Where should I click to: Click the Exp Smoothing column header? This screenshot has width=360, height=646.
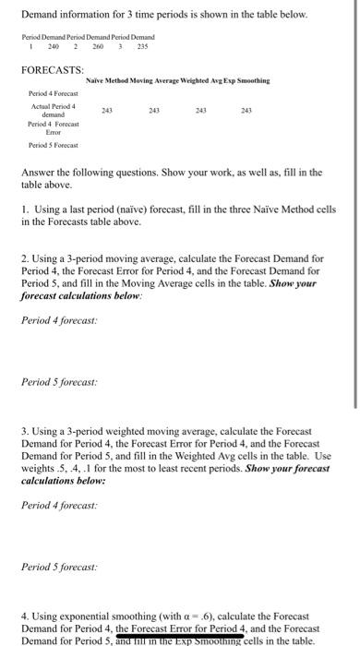coord(247,81)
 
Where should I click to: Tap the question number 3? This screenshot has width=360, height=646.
coord(24,432)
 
